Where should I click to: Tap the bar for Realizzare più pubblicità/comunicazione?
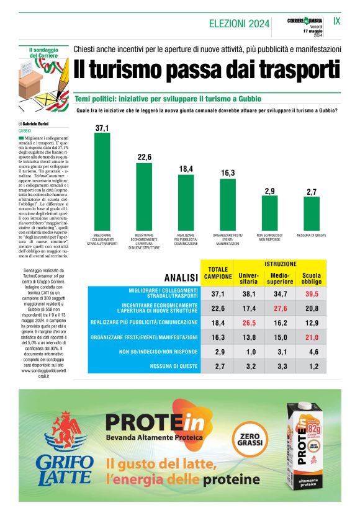click(186, 202)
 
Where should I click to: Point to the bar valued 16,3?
click(228, 205)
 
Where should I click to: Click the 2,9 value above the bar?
click(269, 191)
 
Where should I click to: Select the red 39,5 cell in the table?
click(311, 293)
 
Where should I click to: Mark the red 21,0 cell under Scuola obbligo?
click(311, 337)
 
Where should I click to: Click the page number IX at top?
click(337, 20)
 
